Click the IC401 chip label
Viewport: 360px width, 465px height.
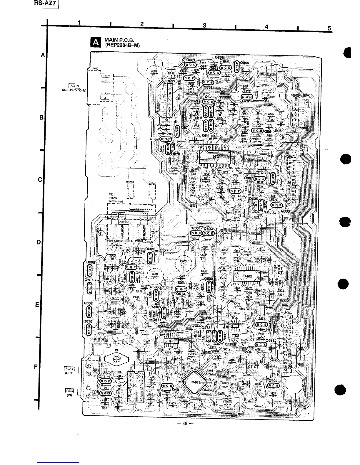tap(195, 382)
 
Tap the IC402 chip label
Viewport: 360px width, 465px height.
tap(247, 276)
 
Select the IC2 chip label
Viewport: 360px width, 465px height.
tap(216, 156)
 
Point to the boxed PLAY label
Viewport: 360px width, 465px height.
tap(69, 369)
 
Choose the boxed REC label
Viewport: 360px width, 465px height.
tap(69, 391)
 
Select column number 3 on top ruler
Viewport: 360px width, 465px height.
tap(204, 25)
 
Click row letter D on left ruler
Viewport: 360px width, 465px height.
tap(38, 242)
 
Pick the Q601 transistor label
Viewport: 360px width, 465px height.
tap(196, 228)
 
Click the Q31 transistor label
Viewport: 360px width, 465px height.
tap(101, 377)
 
